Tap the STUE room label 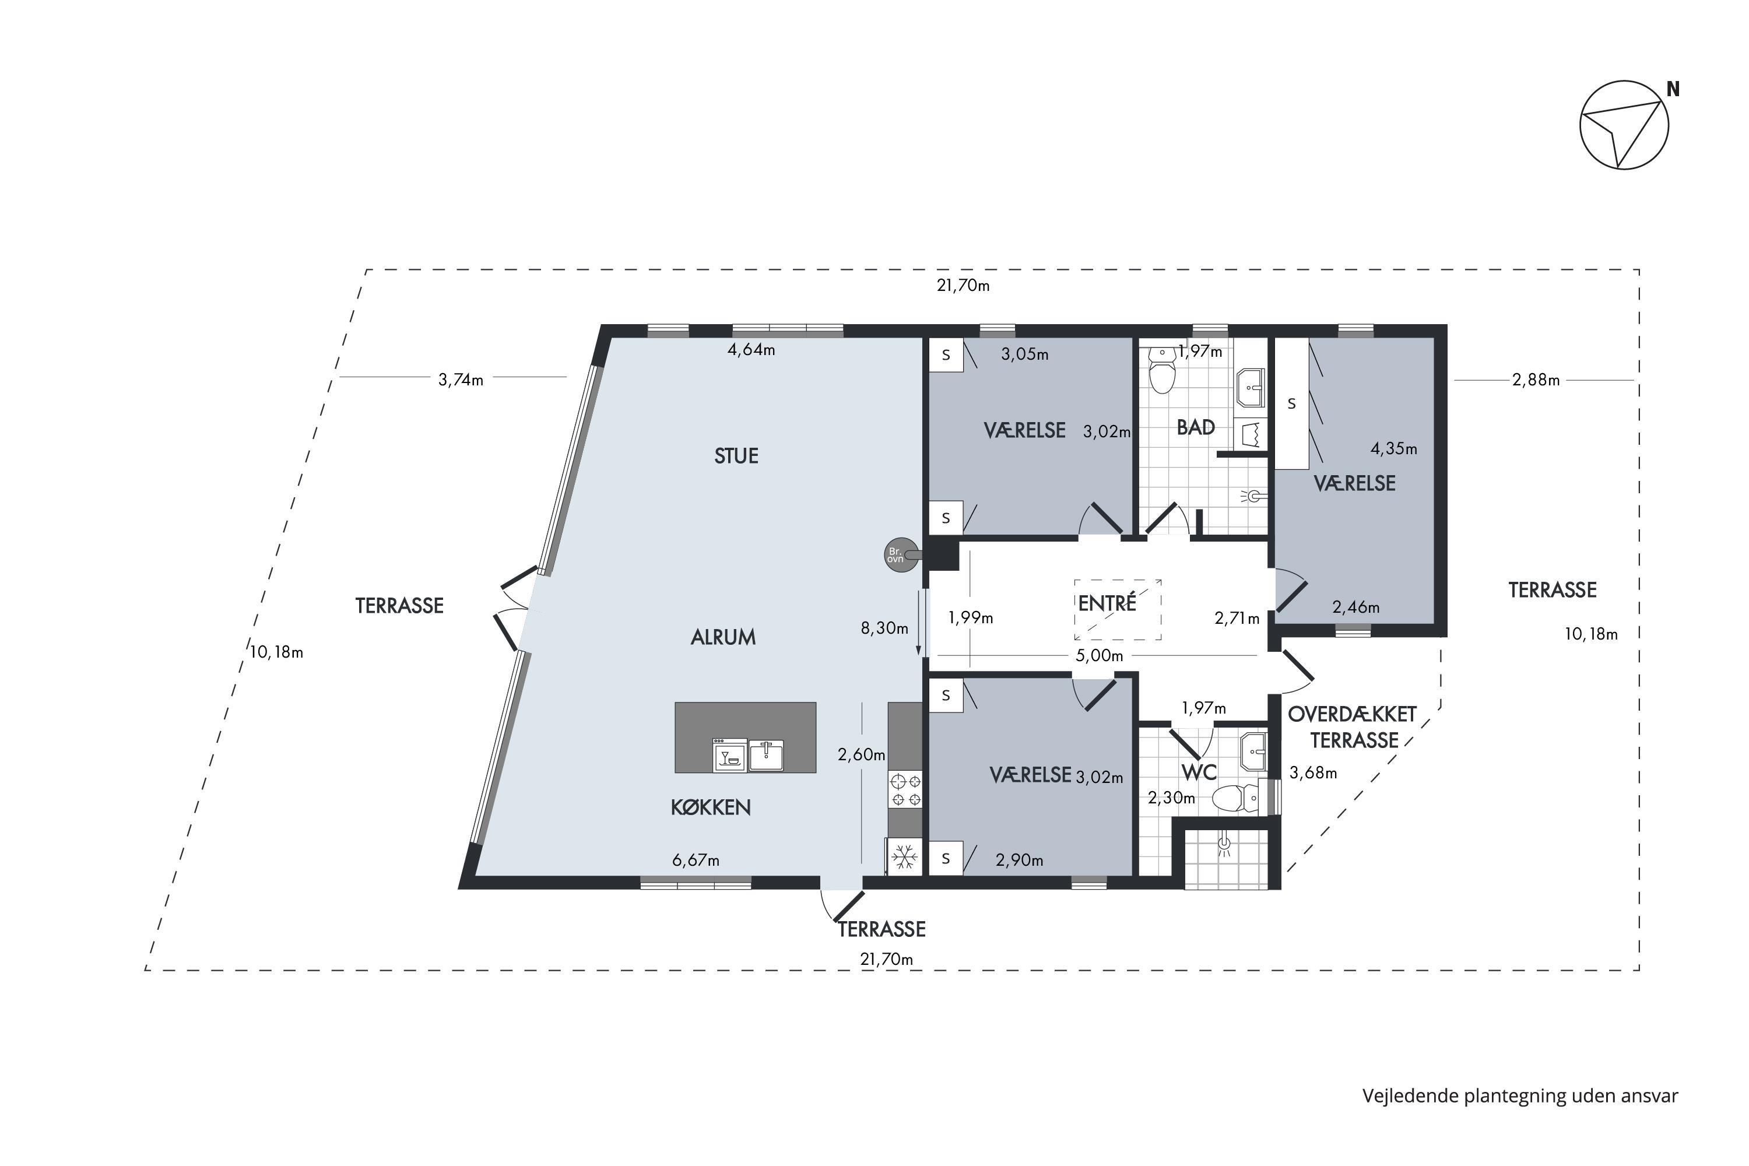[x=736, y=456]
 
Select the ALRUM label [x=723, y=637]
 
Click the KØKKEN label [x=710, y=807]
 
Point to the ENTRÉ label [x=1107, y=603]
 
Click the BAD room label [x=1196, y=427]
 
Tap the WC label [x=1199, y=772]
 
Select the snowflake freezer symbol [x=904, y=856]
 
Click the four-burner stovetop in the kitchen [x=905, y=790]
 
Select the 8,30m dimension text [x=884, y=628]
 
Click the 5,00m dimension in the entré [x=1099, y=656]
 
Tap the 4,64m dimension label [x=751, y=349]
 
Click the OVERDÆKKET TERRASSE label [x=1353, y=727]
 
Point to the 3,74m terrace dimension [x=461, y=380]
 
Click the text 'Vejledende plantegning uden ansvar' [x=1520, y=1096]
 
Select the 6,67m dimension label [x=696, y=861]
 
